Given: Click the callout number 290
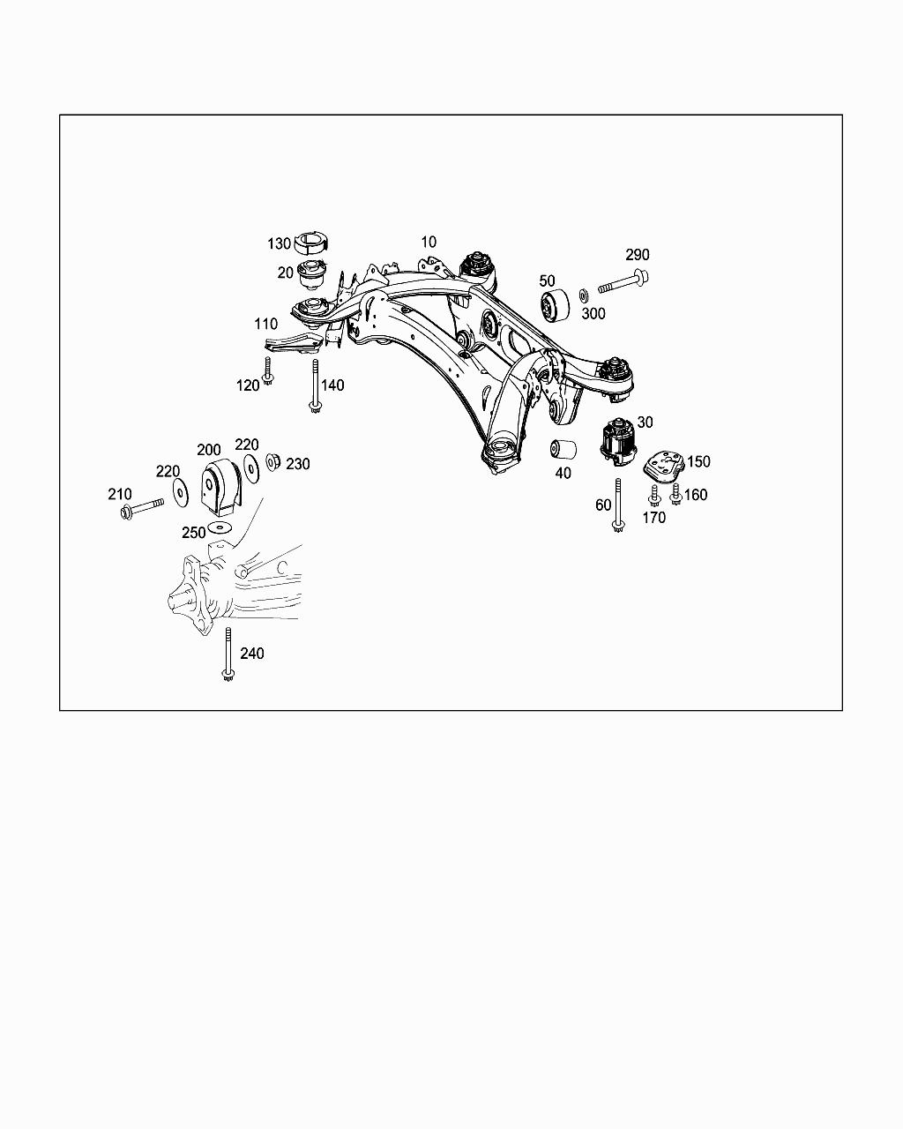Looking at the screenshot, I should [x=638, y=255].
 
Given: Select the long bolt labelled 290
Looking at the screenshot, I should [x=623, y=284].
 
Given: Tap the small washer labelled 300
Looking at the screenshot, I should [x=585, y=294].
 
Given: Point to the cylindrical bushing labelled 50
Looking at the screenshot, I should [x=555, y=305].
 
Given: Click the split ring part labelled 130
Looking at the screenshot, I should [x=310, y=242].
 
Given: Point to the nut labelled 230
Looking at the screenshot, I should [x=273, y=460].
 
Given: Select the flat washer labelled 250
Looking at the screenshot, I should [x=218, y=528].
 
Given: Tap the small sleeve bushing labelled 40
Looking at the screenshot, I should [x=563, y=448].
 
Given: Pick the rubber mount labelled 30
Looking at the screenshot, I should [x=620, y=440].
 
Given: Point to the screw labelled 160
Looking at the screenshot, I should [x=675, y=494].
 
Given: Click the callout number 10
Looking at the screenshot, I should [x=428, y=242].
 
